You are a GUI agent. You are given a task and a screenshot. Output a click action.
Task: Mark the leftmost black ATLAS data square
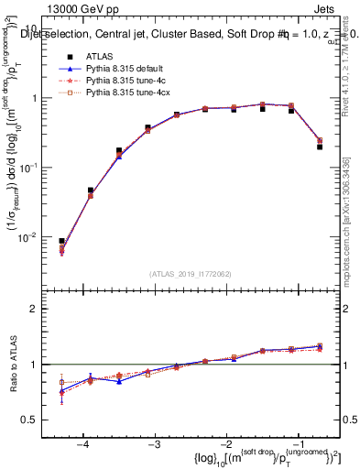[x=61, y=241]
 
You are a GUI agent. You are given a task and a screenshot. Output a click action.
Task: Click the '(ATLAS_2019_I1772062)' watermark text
[x=191, y=274]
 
